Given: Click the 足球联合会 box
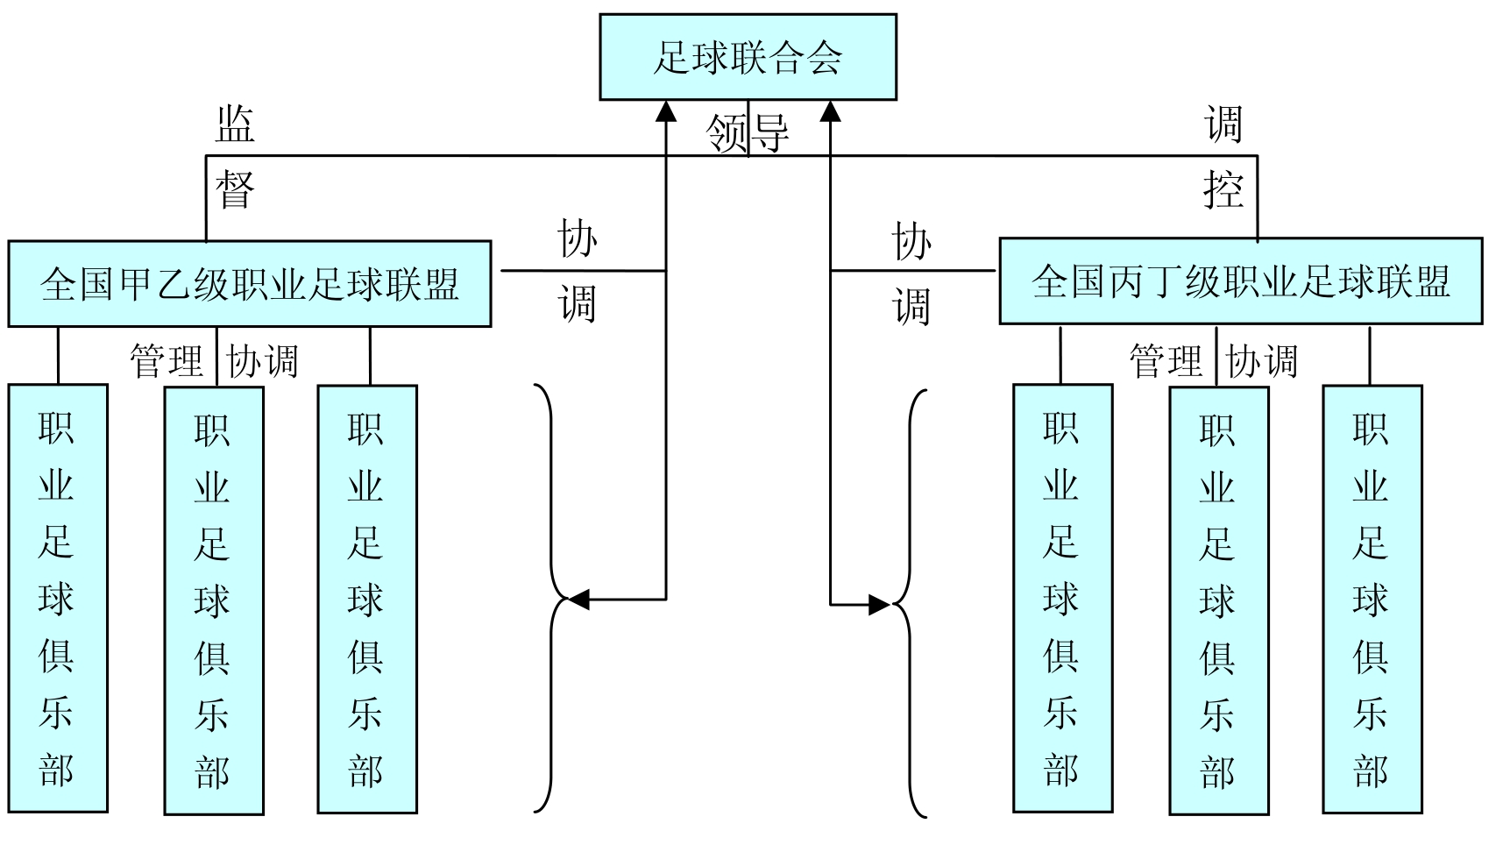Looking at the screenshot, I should point(748,57).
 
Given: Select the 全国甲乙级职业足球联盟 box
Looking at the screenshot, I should point(250,284).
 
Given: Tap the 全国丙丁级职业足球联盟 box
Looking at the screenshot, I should point(1240,281).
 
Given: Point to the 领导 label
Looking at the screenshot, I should point(748,133).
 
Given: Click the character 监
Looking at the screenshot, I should point(235,124).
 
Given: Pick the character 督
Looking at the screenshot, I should point(235,188).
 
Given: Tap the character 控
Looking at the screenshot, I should point(1223,188).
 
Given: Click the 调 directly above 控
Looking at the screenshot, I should point(1223,124).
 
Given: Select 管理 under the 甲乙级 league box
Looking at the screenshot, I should point(167,361).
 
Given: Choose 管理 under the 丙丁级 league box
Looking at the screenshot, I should point(1166,361).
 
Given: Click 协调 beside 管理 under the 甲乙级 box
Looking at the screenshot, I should point(263,361).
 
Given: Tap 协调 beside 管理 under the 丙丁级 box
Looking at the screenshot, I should point(1262,361).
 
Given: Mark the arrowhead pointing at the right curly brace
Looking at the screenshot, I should point(880,605).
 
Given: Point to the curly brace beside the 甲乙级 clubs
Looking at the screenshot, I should point(552,600).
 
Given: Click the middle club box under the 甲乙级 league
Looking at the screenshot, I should point(214,600).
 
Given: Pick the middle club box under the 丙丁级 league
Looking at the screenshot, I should point(1218,600).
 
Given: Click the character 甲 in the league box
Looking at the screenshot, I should point(135,284).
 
